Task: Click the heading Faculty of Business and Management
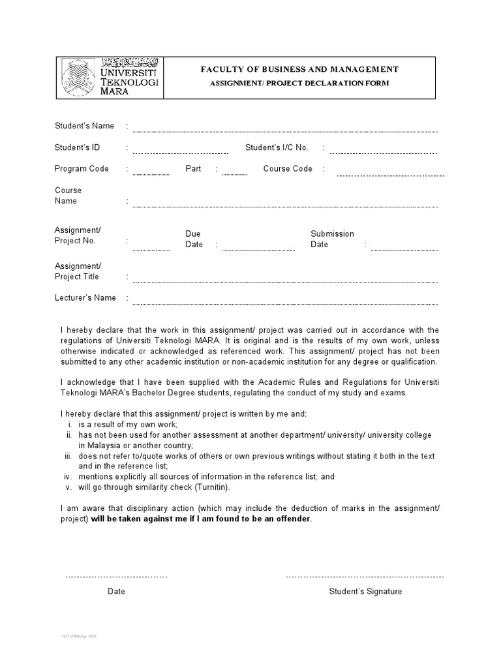coord(300,69)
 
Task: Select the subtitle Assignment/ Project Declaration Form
coord(299,83)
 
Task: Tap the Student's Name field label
coord(84,126)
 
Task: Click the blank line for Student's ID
coord(180,153)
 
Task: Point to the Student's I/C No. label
coord(277,147)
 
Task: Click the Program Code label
coord(82,169)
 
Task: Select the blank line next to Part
coord(234,174)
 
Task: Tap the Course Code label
coord(288,169)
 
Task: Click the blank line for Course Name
coord(285,206)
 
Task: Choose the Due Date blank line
coord(258,250)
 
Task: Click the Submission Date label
coord(332,239)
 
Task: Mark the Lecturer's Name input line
coord(285,303)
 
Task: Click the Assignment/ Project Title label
coord(78,271)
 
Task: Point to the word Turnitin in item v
coord(211,487)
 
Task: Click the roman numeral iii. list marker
coord(68,457)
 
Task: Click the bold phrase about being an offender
coord(202,519)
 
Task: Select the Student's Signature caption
coord(365,592)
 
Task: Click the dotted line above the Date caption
coord(116,577)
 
